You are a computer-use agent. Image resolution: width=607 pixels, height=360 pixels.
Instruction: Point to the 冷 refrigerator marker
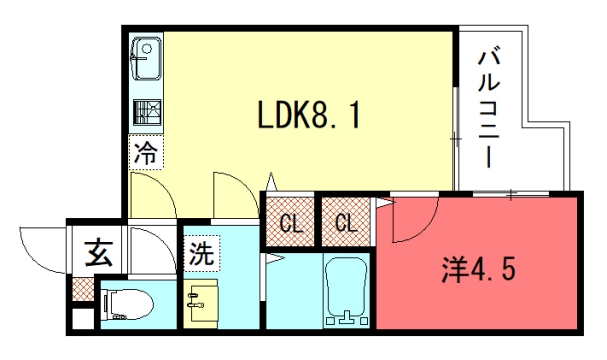[146, 154]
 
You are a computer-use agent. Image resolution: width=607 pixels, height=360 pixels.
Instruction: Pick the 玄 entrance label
[98, 253]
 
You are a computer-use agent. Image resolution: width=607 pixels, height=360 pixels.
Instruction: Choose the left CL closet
[291, 221]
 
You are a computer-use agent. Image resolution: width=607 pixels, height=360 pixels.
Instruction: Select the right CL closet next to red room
[346, 221]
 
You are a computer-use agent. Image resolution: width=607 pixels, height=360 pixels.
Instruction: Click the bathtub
[346, 290]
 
